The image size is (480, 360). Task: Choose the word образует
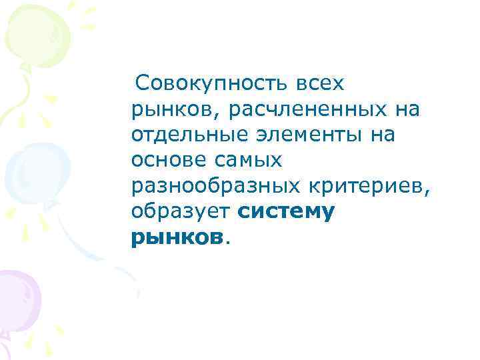tap(180, 212)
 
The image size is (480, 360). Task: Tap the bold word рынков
tap(176, 237)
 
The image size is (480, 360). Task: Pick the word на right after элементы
tap(383, 135)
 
